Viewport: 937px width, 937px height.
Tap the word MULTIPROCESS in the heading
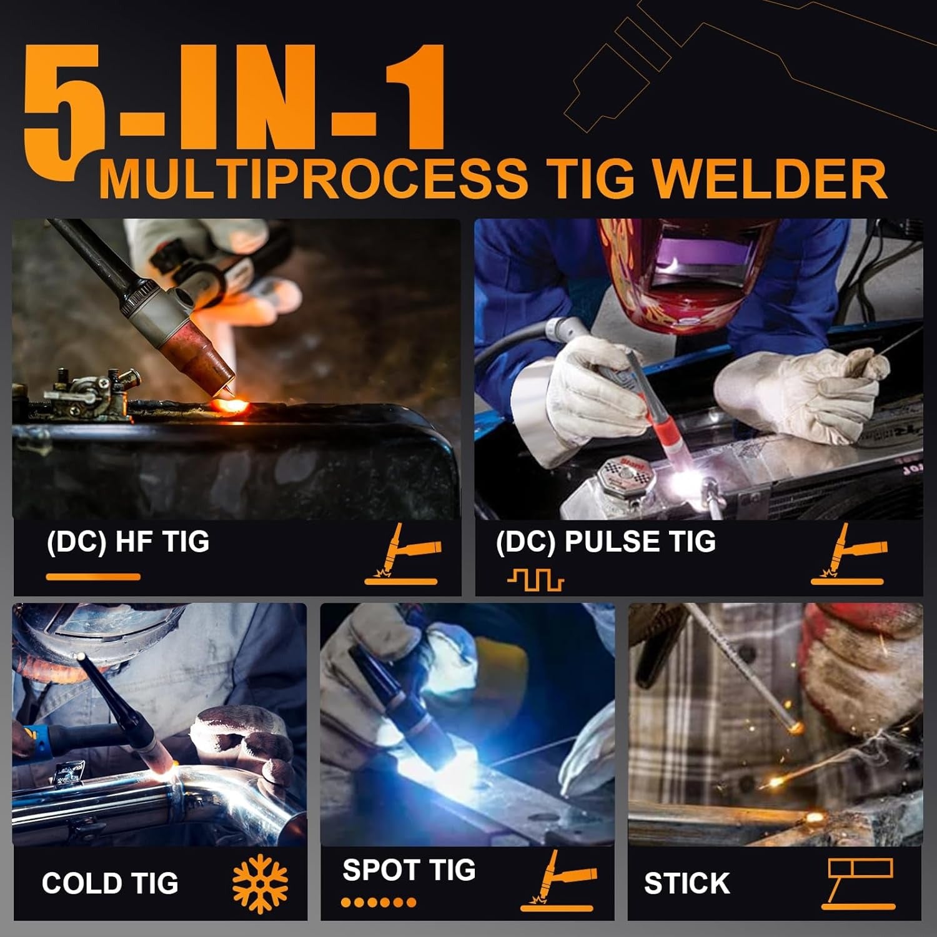pos(312,179)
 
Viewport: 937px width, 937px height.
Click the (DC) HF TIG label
pos(127,542)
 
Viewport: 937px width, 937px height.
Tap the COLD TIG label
pos(110,883)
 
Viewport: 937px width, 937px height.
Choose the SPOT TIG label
pos(409,870)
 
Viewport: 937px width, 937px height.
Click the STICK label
pos(687,883)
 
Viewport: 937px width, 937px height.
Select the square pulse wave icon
pos(535,580)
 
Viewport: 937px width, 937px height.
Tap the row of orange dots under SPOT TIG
pos(379,902)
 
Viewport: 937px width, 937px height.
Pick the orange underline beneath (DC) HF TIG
pos(93,577)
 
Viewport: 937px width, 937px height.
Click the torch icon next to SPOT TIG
pos(557,881)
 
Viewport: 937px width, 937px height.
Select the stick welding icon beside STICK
pos(860,882)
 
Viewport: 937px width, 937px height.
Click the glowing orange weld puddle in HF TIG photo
pos(229,407)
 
